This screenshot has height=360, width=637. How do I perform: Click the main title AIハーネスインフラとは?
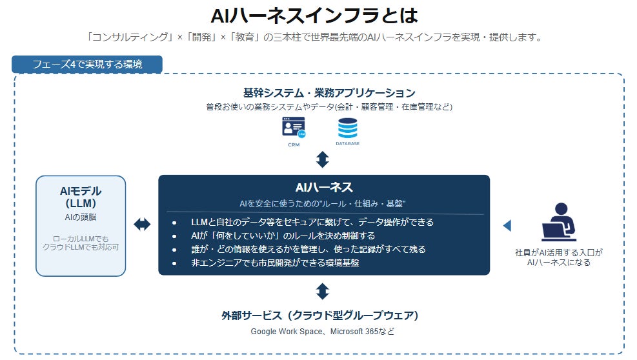coord(314,15)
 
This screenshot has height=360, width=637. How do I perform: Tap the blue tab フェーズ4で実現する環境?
coord(87,65)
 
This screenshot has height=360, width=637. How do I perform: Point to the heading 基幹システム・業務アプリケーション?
coord(329,93)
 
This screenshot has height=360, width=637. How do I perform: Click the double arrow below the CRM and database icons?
coord(323,159)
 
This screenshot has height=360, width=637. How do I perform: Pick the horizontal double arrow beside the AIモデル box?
coord(142,225)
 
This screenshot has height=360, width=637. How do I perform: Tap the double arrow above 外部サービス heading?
coord(323,292)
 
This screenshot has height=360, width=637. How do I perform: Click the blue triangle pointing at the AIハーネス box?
coord(507,226)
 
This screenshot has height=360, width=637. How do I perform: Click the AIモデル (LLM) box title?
coord(81,197)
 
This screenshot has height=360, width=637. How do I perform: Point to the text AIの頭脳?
coord(81,217)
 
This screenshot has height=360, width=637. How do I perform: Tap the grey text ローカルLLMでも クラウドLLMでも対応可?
coord(81,243)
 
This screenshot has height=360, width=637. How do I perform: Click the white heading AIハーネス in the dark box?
coord(324,187)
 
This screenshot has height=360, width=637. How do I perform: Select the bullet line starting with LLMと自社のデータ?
coord(312,222)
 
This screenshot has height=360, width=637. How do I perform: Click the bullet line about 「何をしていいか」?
coord(283,235)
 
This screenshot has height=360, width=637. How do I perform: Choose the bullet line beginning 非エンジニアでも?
coord(275,263)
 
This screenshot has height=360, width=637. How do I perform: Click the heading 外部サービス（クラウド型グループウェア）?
coord(320,315)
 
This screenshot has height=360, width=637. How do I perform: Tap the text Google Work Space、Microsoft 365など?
coord(323,332)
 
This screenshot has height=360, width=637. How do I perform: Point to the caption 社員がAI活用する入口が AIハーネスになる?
coord(559,257)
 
